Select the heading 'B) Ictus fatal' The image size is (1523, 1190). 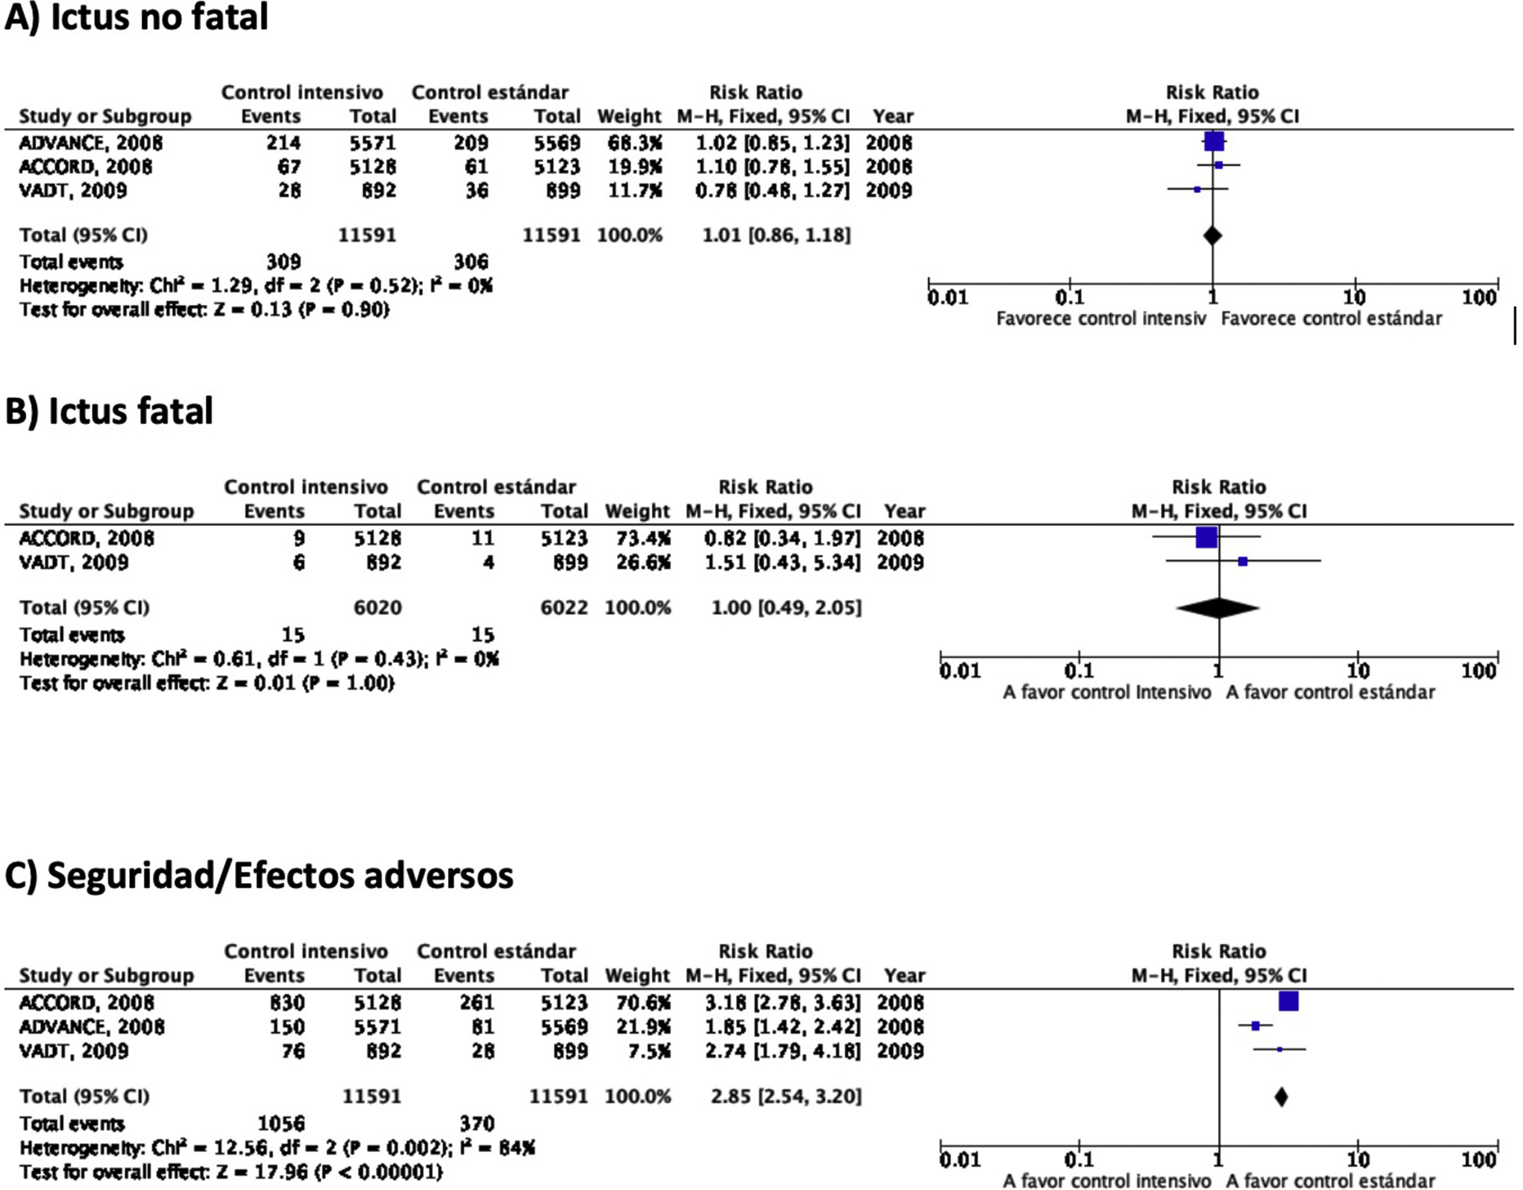click(109, 411)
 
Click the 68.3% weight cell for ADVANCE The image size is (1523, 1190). click(629, 143)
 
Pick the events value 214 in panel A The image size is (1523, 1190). click(283, 143)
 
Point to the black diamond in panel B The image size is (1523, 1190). click(1218, 608)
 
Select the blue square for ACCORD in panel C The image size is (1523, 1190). click(1288, 1002)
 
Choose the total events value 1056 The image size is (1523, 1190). click(281, 1123)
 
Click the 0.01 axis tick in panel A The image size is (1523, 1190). click(948, 298)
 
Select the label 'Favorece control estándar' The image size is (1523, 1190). click(1331, 319)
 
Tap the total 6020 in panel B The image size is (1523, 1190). click(377, 608)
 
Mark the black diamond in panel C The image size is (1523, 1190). click(1280, 1097)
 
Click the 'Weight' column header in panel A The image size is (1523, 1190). click(629, 117)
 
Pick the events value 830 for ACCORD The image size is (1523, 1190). click(287, 1003)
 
